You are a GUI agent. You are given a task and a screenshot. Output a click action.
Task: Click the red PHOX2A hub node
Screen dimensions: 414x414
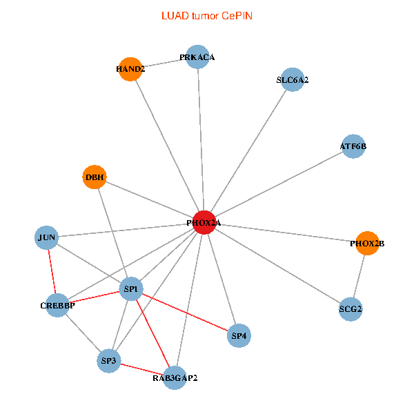click(x=204, y=223)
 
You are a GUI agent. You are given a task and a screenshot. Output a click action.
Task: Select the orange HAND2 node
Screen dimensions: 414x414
click(x=130, y=69)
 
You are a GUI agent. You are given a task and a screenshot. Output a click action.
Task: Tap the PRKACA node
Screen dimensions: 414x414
click(x=197, y=57)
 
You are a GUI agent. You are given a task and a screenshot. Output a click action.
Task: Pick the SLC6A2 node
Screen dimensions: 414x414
click(x=293, y=80)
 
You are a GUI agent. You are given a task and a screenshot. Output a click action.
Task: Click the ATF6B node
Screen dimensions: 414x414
click(x=353, y=146)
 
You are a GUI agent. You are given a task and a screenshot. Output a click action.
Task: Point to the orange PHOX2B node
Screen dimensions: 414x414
click(x=367, y=243)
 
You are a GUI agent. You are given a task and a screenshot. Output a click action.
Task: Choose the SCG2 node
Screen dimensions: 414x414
click(x=351, y=309)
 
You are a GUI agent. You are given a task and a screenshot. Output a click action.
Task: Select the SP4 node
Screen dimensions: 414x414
click(x=239, y=336)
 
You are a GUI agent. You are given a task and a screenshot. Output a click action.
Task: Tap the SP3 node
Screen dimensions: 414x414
click(x=109, y=361)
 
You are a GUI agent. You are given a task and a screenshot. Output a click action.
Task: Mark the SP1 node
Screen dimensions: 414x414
click(x=131, y=289)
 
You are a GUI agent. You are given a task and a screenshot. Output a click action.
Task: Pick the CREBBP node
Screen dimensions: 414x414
click(x=57, y=305)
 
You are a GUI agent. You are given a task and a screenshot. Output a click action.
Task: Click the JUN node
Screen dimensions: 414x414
click(x=47, y=238)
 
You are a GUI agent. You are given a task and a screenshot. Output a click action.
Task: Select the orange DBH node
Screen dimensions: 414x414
click(x=95, y=177)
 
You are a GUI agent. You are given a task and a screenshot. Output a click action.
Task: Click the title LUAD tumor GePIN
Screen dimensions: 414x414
click(x=206, y=15)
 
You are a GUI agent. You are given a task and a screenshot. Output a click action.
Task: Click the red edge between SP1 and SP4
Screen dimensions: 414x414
click(x=185, y=313)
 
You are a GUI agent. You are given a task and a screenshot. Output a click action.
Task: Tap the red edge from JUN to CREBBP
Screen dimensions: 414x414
click(x=52, y=271)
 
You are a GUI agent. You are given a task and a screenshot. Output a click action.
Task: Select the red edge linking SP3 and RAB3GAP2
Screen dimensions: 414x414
click(x=141, y=369)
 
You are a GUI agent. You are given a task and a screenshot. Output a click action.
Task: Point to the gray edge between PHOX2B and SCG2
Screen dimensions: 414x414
click(x=359, y=276)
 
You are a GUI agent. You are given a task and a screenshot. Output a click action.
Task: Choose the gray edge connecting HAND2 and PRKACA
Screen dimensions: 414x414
click(x=164, y=63)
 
